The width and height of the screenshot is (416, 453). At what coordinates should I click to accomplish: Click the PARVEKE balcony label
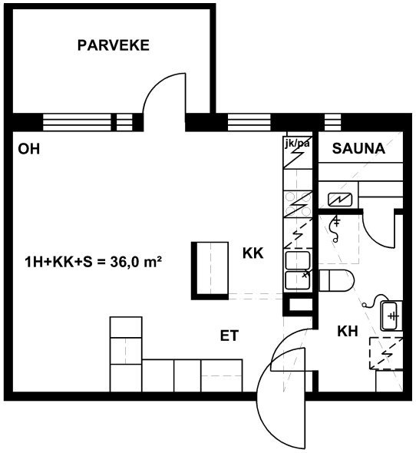pos(114,45)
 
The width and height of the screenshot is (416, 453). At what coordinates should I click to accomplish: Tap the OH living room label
pos(29,149)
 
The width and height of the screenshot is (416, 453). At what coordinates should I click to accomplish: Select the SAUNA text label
pos(358,148)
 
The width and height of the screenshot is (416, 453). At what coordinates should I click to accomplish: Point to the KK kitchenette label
pos(253,253)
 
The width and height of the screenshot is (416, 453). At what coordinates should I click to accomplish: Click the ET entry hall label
pos(229,336)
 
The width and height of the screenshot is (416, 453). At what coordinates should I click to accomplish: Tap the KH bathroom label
pos(348,332)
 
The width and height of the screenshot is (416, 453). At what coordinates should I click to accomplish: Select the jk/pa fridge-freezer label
pos(298,144)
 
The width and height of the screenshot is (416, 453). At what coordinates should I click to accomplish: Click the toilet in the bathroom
pos(336,280)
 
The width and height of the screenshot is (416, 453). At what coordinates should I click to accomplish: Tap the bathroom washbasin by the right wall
pos(391,316)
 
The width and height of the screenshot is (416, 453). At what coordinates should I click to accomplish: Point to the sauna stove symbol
pos(340,200)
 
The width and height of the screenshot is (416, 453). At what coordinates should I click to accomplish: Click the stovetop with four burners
pos(298,204)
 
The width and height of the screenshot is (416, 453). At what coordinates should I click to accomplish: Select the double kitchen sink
pos(298,270)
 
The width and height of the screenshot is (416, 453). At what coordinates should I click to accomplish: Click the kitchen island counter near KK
pos(210,271)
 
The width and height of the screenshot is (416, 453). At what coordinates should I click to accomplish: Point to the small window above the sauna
pos(332,123)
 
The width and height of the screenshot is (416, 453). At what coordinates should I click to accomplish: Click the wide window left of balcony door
pos(77,123)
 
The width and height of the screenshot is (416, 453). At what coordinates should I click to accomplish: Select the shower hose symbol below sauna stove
pos(335,228)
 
